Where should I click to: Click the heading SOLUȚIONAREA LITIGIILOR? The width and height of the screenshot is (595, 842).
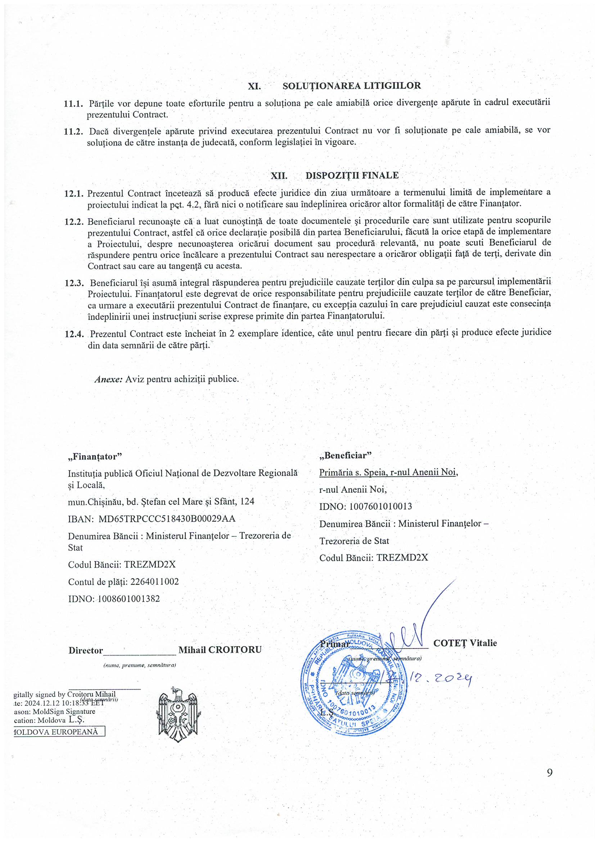pyautogui.click(x=352, y=86)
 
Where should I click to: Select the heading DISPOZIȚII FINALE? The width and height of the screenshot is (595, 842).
pyautogui.click(x=352, y=175)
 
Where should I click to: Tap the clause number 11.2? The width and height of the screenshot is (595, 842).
pyautogui.click(x=73, y=131)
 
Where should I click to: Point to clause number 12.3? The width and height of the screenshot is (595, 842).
pyautogui.click(x=74, y=283)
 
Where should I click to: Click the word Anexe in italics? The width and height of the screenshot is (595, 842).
pyautogui.click(x=108, y=379)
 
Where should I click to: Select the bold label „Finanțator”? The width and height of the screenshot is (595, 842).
pyautogui.click(x=95, y=457)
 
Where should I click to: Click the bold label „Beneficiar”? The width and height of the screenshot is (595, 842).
pyautogui.click(x=345, y=456)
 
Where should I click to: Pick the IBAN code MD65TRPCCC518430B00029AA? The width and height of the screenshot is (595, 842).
pyautogui.click(x=167, y=519)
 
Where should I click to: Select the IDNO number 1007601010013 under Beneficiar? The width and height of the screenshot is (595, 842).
pyautogui.click(x=380, y=506)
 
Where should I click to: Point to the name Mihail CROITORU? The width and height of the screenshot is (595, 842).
pyautogui.click(x=220, y=650)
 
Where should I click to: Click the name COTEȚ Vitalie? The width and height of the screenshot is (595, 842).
pyautogui.click(x=465, y=643)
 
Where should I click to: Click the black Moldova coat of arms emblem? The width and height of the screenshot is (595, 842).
pyautogui.click(x=178, y=713)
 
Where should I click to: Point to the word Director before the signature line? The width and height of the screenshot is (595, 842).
pyautogui.click(x=85, y=650)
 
